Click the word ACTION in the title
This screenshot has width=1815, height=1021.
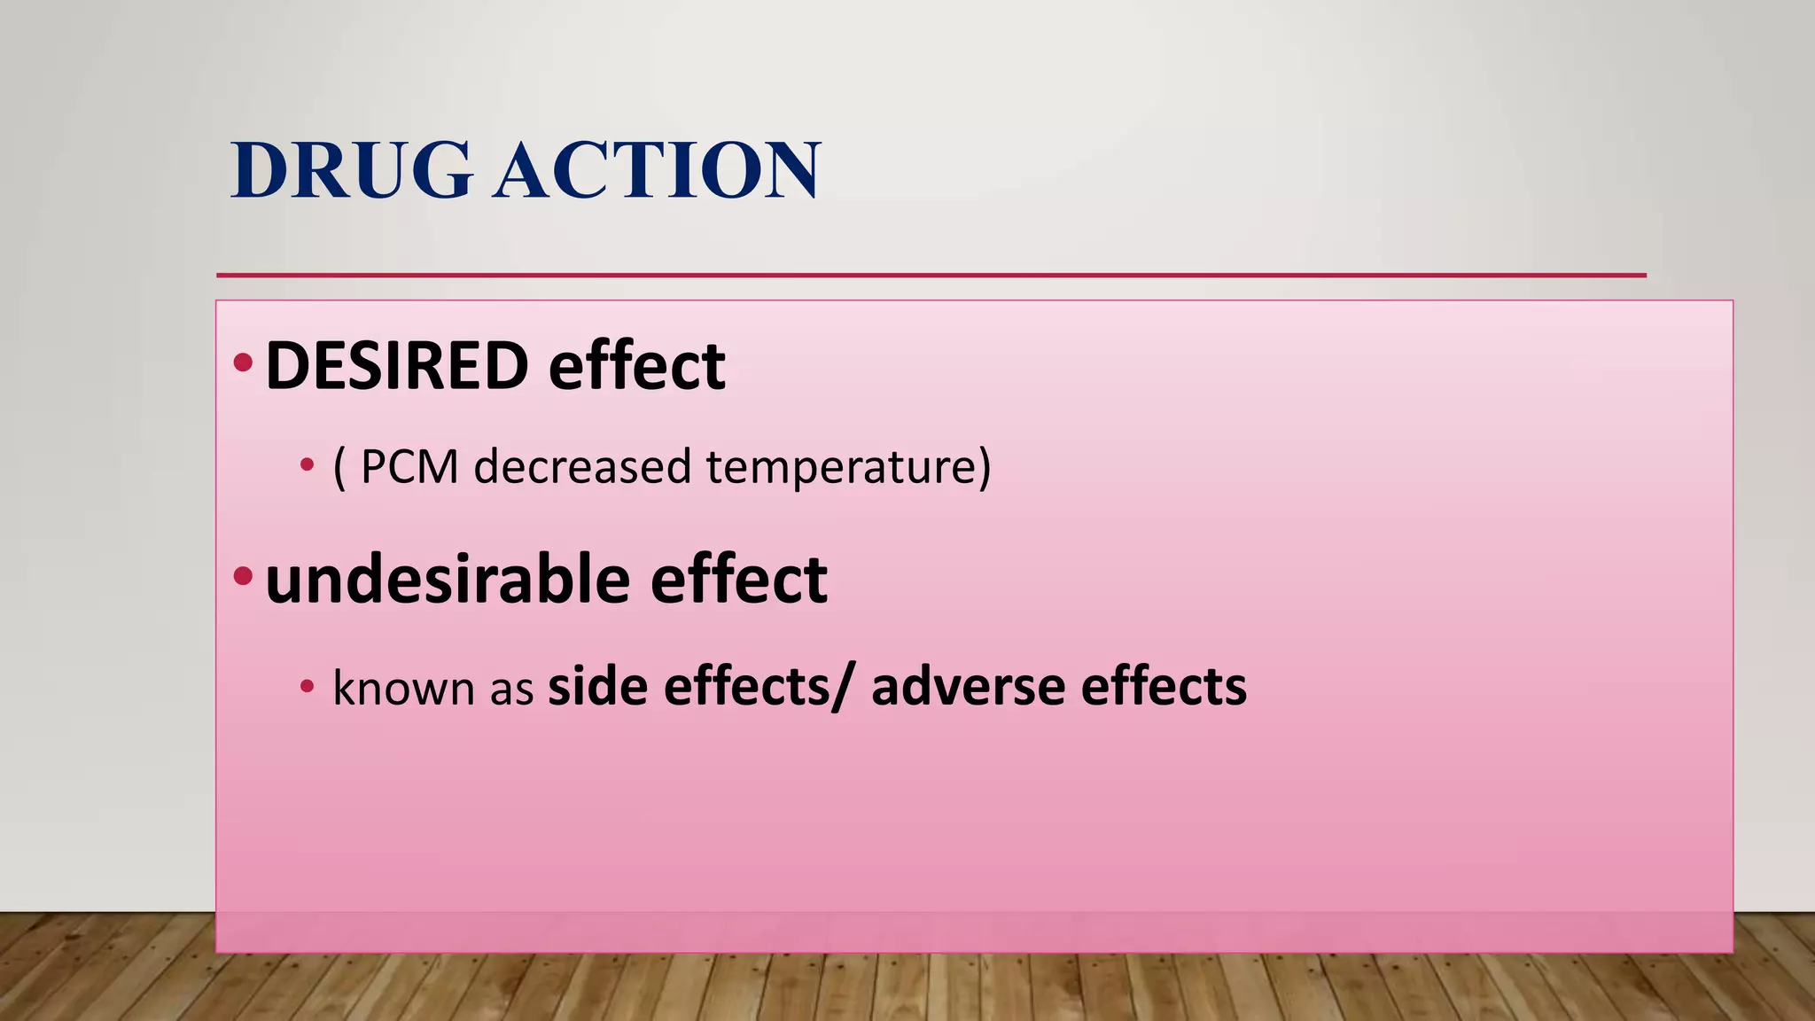(658, 170)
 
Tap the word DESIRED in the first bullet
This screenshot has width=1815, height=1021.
(396, 366)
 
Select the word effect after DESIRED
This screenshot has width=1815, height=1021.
(636, 366)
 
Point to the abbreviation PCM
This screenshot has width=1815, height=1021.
(409, 467)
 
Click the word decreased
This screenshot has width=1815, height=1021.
(582, 467)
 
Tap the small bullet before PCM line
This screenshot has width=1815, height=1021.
(307, 464)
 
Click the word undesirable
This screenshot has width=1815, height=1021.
(448, 580)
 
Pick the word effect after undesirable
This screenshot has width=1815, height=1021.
(738, 580)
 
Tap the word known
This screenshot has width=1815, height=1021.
(403, 688)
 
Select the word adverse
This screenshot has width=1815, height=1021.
(968, 688)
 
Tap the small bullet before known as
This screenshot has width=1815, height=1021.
(307, 685)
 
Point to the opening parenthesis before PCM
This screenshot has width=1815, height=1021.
(339, 468)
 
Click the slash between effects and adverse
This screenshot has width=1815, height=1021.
(839, 688)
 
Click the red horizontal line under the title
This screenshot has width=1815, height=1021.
(931, 276)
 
